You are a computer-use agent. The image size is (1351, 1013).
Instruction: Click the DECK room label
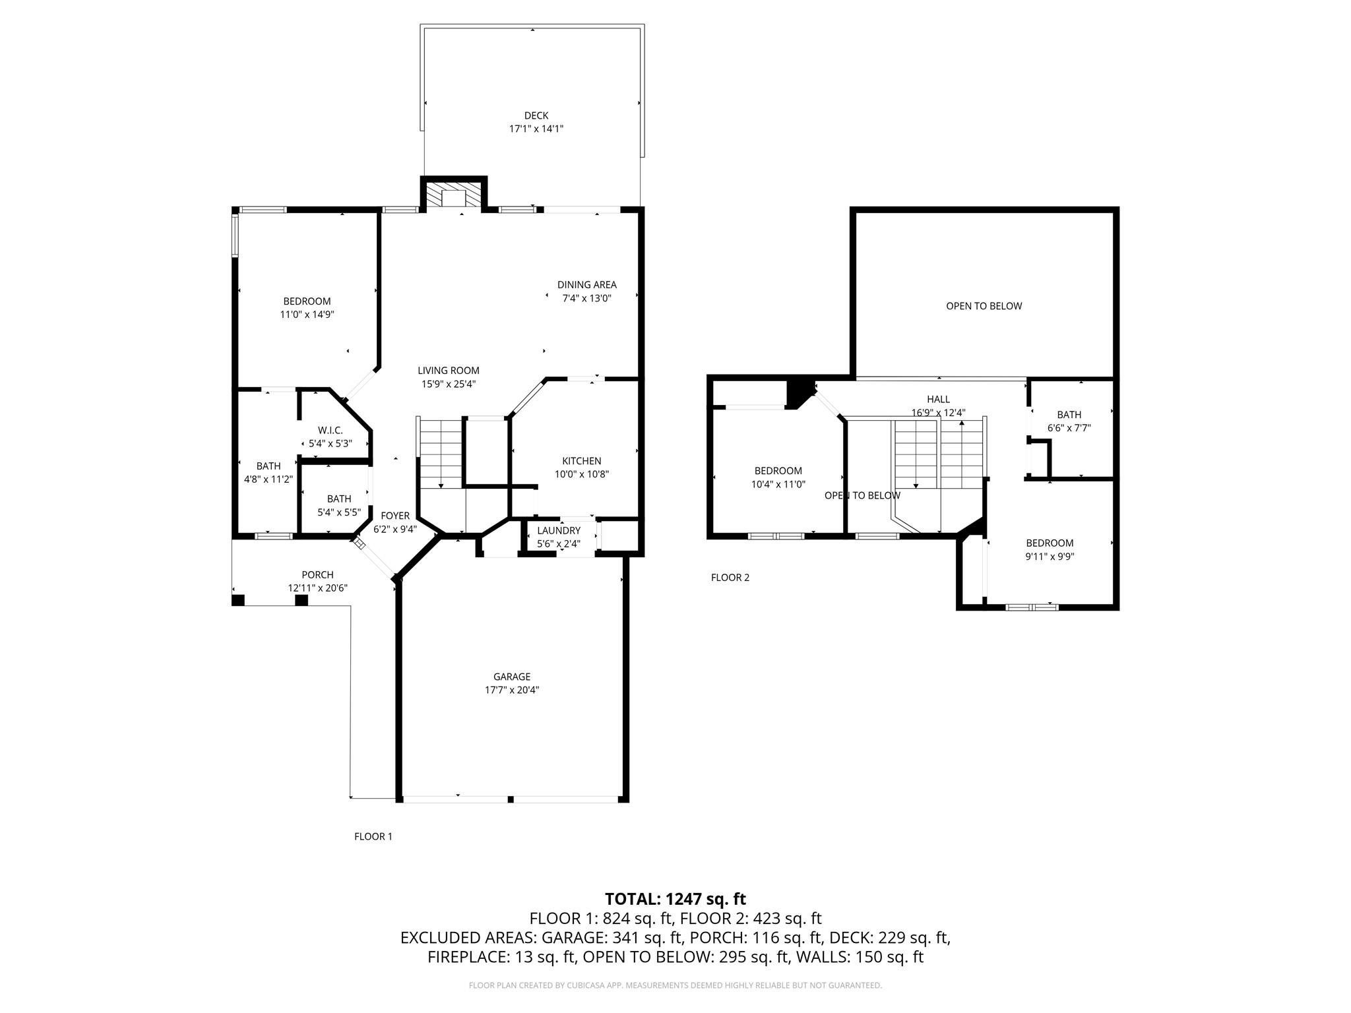536,116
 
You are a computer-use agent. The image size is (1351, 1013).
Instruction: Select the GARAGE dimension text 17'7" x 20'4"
512,690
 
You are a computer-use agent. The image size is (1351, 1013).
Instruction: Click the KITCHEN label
581,461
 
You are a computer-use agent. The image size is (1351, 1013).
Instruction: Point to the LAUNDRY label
558,531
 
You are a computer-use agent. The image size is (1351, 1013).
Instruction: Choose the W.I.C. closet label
330,431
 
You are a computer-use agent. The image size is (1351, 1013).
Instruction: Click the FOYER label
395,516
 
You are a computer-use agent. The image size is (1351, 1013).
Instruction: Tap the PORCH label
317,575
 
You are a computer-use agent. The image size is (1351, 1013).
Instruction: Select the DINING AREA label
586,285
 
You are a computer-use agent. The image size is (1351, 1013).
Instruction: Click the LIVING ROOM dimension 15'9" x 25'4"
448,384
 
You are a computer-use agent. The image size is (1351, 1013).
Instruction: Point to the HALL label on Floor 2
938,399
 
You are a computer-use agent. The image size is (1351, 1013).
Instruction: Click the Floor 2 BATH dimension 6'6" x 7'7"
1069,427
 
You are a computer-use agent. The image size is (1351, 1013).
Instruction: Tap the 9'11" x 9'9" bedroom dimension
1050,556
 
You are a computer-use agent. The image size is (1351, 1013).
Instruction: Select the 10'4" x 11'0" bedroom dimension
778,483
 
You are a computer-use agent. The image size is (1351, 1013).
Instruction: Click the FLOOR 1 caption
373,836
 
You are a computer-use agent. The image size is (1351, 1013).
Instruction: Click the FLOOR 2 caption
730,578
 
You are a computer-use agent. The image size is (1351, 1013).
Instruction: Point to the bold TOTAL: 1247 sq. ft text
675,899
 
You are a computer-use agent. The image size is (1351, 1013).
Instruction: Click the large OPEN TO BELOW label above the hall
984,306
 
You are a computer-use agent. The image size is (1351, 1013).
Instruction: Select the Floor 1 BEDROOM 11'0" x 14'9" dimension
307,315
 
